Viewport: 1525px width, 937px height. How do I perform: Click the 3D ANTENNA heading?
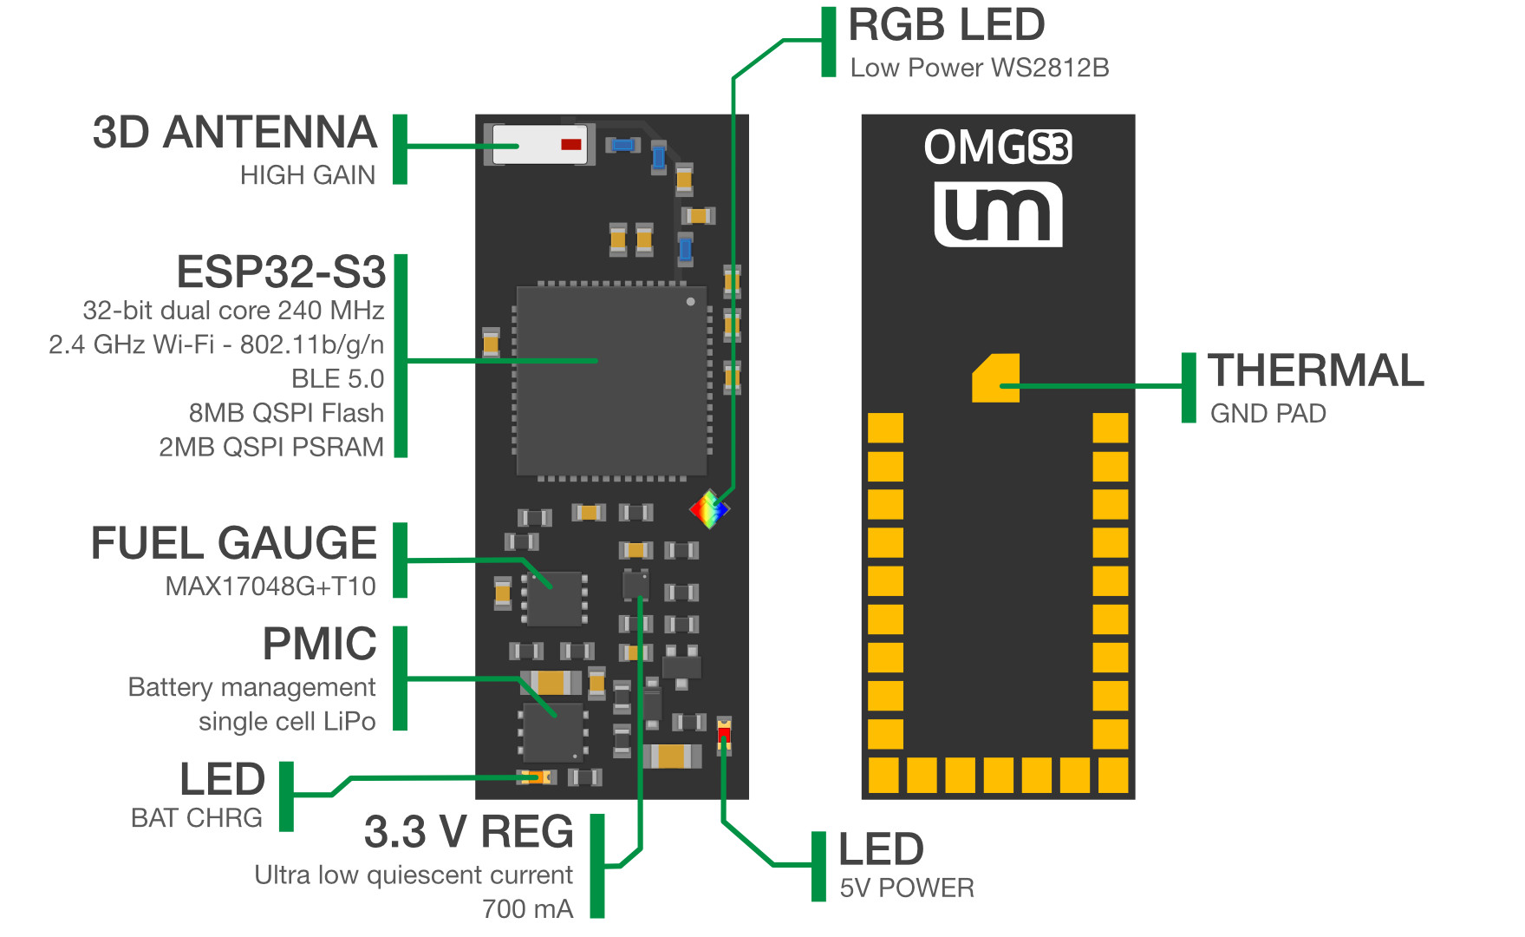point(234,133)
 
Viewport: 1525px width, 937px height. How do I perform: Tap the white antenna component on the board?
point(539,144)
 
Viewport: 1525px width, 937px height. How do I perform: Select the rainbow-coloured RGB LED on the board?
point(709,509)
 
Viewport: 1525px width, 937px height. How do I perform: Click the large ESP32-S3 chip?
point(612,382)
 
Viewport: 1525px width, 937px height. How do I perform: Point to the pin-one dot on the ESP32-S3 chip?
point(690,302)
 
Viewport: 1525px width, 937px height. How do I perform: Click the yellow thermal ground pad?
point(995,378)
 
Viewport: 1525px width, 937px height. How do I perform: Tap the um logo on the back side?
point(998,214)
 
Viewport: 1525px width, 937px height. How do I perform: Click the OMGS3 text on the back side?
point(997,147)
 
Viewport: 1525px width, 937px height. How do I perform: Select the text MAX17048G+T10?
point(270,586)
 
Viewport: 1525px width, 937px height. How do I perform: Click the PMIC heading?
point(319,644)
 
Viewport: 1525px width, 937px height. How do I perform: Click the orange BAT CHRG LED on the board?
point(538,777)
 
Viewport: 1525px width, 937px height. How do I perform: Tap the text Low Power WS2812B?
point(979,68)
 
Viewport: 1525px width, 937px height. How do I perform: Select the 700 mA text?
point(527,908)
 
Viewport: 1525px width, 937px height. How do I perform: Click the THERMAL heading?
point(1315,370)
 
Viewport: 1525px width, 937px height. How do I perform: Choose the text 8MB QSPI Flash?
point(286,413)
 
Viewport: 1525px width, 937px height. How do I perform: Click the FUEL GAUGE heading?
point(233,543)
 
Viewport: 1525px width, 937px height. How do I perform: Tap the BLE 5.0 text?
point(337,379)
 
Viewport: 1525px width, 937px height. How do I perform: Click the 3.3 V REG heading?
point(468,831)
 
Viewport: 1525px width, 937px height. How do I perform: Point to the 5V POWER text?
point(906,888)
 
